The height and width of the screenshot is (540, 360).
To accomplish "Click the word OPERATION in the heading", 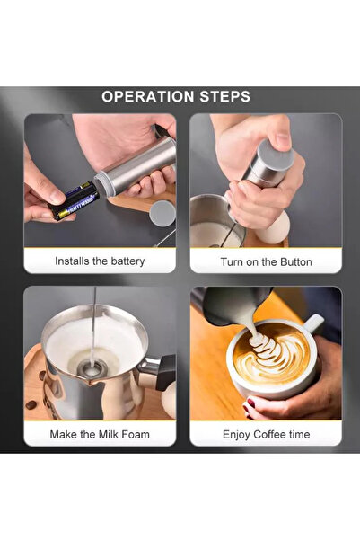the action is (148, 97).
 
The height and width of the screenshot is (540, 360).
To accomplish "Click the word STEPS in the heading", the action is (225, 97).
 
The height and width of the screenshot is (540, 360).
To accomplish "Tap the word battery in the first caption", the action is (127, 261).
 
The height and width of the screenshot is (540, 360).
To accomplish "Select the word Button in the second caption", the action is (296, 262).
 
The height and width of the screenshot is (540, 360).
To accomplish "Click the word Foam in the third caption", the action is (136, 434).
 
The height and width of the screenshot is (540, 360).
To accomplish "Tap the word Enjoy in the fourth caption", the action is (236, 435).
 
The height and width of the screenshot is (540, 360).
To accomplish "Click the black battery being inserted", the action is (74, 200).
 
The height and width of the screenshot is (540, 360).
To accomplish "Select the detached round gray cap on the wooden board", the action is (162, 214).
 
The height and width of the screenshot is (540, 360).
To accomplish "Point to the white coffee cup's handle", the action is (313, 323).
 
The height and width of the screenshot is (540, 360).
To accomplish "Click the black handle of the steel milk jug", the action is (166, 372).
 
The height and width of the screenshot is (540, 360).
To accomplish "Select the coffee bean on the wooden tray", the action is (31, 404).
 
